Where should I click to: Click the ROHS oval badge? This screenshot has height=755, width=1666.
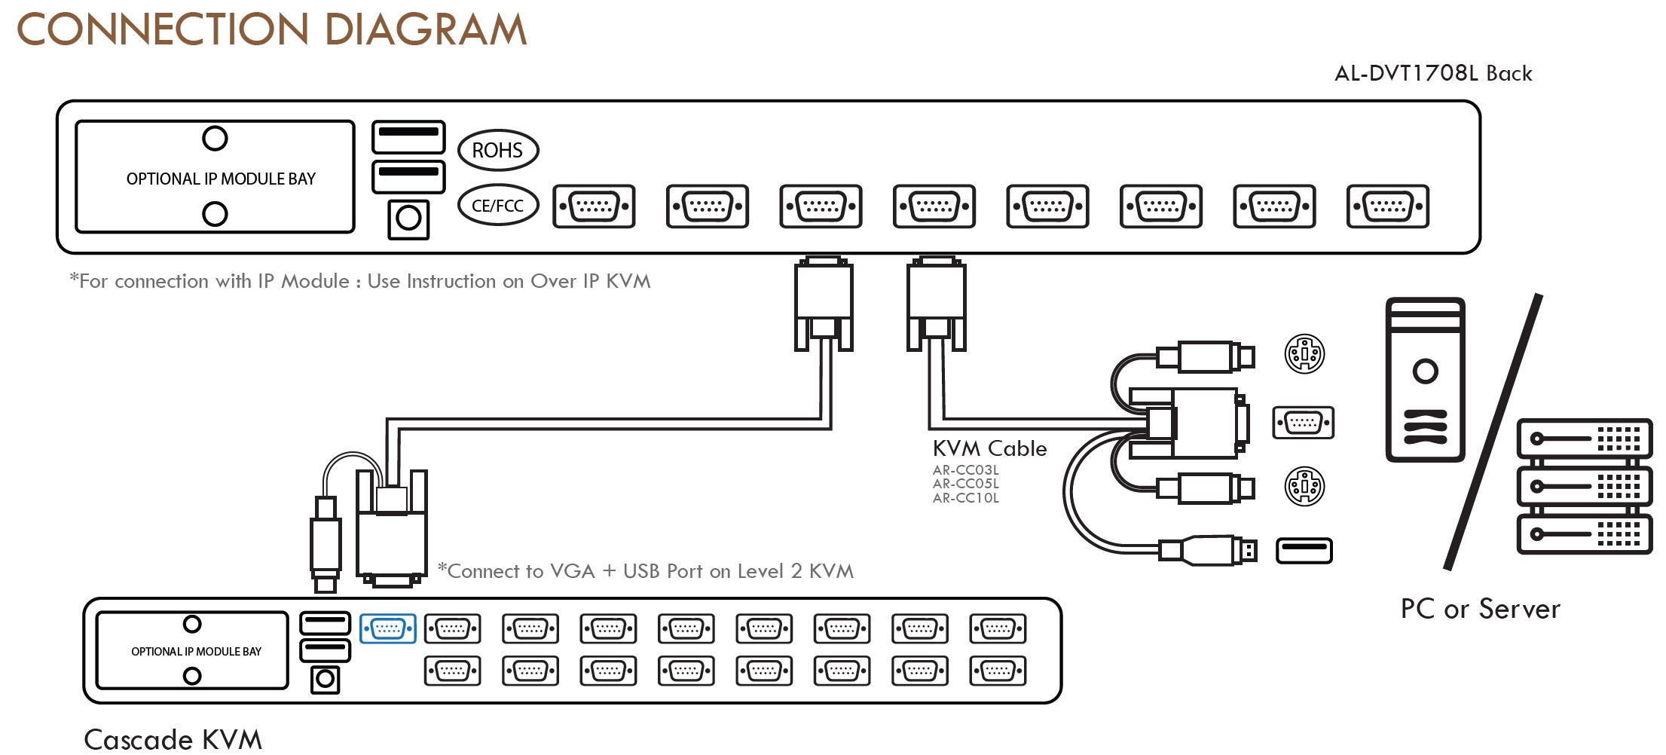coord(497,150)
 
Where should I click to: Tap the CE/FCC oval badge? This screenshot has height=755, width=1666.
coord(497,205)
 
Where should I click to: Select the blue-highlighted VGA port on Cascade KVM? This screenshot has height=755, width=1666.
coord(387,628)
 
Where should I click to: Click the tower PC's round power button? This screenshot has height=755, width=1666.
coord(1424,371)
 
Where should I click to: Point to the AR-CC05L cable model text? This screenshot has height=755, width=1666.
coord(965,484)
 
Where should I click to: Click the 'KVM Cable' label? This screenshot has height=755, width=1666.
coord(989,448)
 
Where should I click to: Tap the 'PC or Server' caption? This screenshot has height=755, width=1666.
coord(1480,609)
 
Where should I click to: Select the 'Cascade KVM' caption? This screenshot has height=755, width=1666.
coord(173,739)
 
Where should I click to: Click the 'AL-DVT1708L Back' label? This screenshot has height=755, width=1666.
coord(1432,73)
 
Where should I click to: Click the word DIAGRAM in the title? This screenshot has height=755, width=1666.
coord(425,30)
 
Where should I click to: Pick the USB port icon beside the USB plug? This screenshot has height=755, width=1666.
coord(1304,551)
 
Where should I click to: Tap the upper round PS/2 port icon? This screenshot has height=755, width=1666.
coord(1304,353)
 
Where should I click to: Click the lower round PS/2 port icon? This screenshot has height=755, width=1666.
coord(1304,486)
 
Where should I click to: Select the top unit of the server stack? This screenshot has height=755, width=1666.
coord(1583,438)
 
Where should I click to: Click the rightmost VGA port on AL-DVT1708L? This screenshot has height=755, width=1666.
coord(1387,206)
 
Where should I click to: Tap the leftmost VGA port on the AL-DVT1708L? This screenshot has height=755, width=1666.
coord(594,206)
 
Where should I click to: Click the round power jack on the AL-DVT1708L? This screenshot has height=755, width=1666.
coord(408,219)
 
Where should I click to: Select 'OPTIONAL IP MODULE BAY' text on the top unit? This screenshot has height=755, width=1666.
coord(221,179)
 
